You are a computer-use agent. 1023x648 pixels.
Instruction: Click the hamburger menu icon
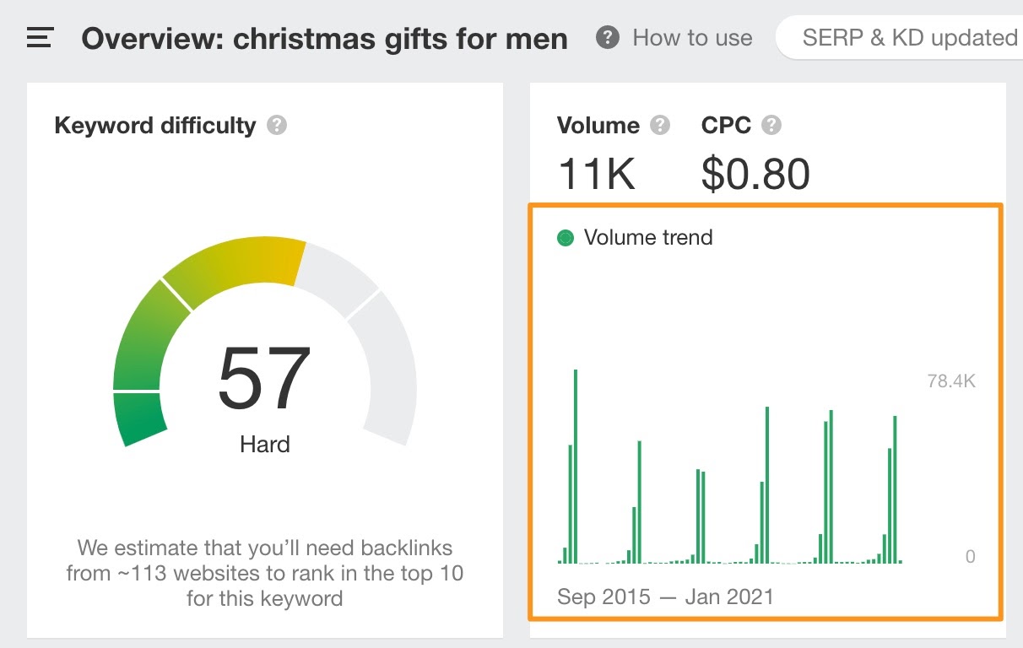[x=41, y=38]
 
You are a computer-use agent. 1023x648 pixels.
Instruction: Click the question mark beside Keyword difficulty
[x=277, y=126]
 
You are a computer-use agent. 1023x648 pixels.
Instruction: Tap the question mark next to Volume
[x=660, y=126]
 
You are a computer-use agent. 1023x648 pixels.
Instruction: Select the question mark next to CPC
[x=771, y=126]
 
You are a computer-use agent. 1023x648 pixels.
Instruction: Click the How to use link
[x=691, y=38]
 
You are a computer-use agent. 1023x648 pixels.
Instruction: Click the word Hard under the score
[x=264, y=444]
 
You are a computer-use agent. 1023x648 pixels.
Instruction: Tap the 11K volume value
[x=597, y=174]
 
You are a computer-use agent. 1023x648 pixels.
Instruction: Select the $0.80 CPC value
[x=755, y=174]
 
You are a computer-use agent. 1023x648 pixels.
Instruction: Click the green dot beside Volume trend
[x=566, y=239]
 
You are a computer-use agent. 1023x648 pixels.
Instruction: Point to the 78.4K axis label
[x=950, y=381]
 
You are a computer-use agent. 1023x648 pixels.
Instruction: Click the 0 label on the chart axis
[x=970, y=557]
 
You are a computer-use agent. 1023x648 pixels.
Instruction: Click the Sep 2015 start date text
[x=604, y=597]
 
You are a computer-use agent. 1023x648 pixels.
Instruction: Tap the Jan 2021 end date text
[x=729, y=597]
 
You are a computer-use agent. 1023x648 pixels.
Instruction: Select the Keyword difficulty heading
[x=154, y=126]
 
